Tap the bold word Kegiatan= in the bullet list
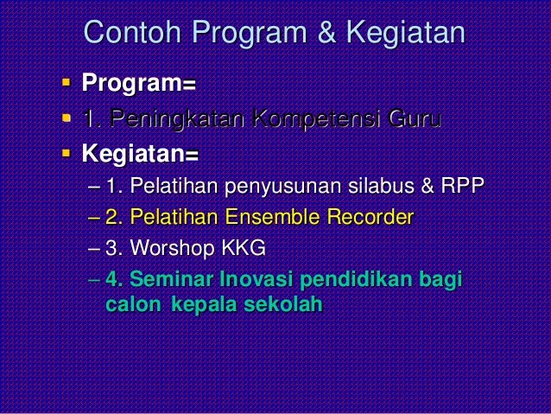click(140, 156)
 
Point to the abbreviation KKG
click(244, 249)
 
